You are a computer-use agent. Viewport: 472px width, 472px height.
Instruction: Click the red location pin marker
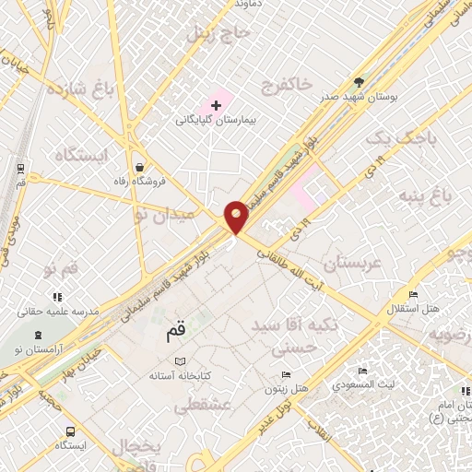[x=237, y=218]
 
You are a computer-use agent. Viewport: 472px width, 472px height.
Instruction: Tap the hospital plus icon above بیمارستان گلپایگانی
[x=216, y=105]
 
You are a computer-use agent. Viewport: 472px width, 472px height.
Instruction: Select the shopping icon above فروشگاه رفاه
[x=138, y=168]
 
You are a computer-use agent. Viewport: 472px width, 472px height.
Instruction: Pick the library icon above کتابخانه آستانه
[x=181, y=361]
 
